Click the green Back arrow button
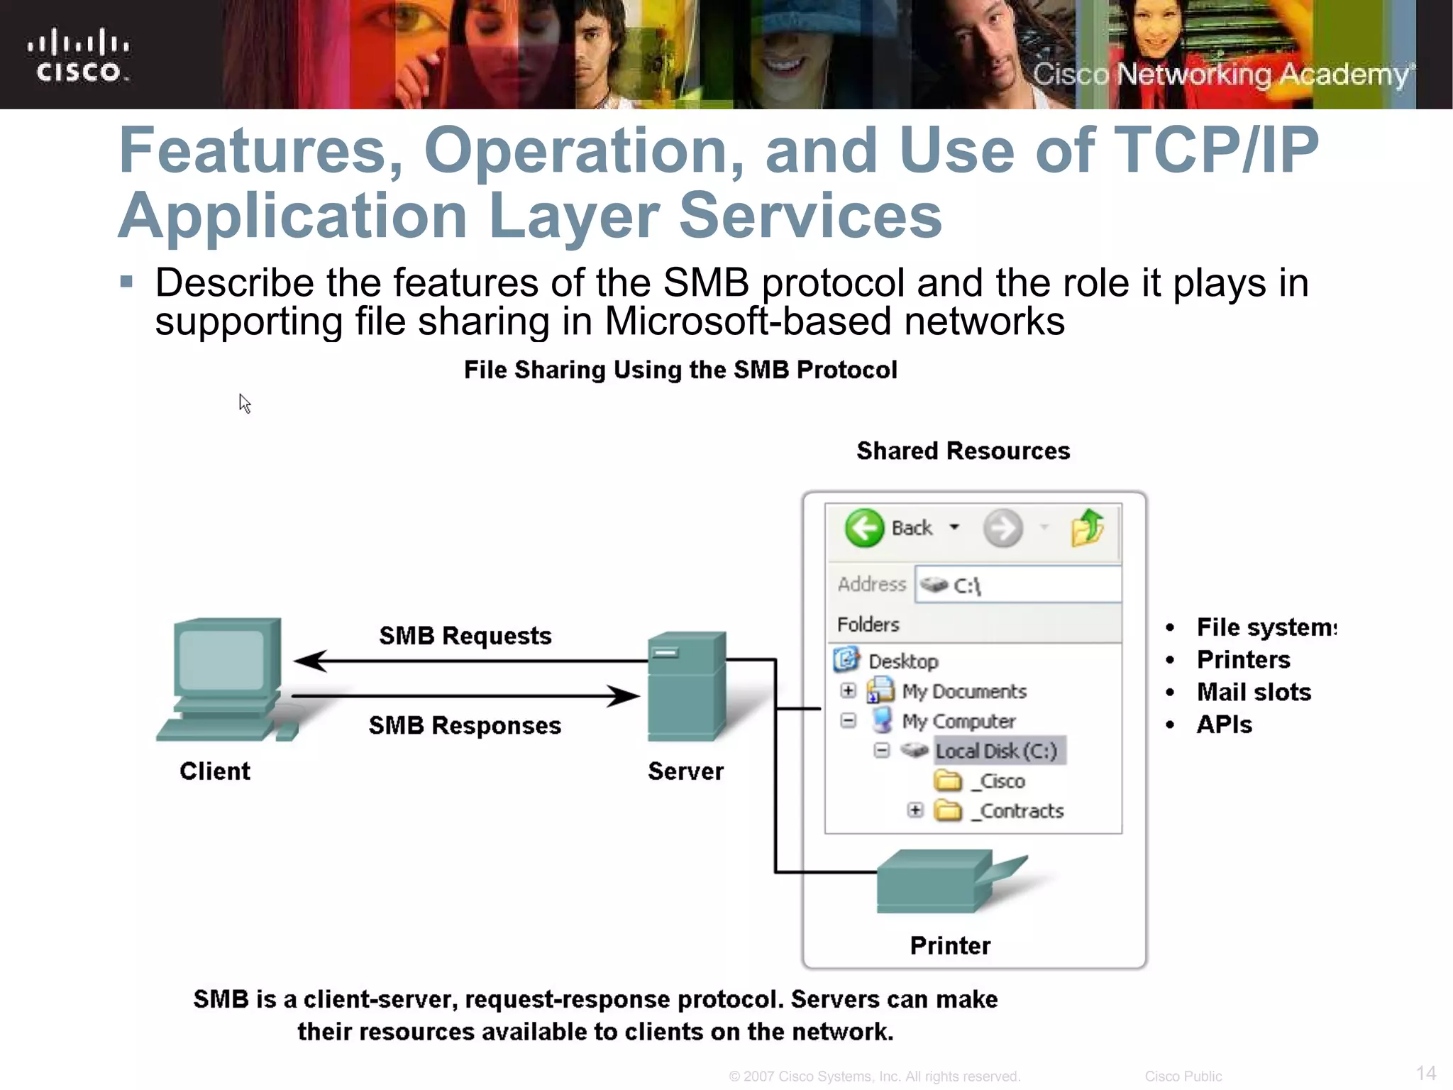click(x=864, y=528)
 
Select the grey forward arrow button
click(x=1002, y=528)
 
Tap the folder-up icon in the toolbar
click(x=1087, y=528)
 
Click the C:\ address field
click(x=1018, y=585)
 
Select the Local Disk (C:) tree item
click(x=995, y=751)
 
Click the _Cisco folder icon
click(x=948, y=781)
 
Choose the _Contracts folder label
click(x=1019, y=811)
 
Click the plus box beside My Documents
click(x=848, y=690)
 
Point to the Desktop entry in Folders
click(x=902, y=661)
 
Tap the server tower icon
click(x=686, y=686)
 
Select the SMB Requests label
click(x=465, y=636)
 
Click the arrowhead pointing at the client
click(x=309, y=661)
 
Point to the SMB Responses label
click(x=465, y=725)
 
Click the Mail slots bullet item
click(x=1253, y=692)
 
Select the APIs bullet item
click(x=1224, y=725)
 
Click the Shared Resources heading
click(x=963, y=451)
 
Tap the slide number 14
click(x=1425, y=1072)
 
